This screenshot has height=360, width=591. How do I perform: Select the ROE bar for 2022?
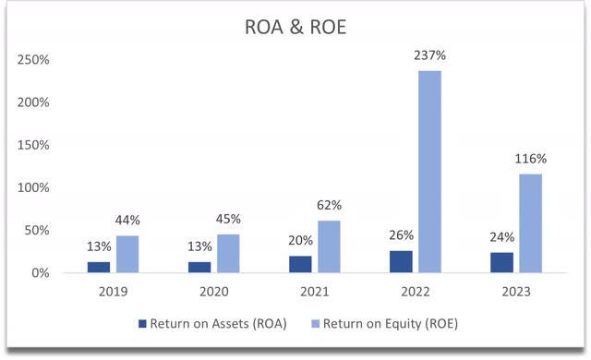429,171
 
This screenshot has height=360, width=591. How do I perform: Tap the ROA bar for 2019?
98,266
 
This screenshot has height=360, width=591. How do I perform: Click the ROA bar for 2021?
300,263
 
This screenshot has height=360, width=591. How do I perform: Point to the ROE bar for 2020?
228,253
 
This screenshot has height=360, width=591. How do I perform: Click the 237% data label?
430,55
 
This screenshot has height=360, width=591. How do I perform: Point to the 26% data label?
401,235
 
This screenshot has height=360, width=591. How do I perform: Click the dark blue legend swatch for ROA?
141,324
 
